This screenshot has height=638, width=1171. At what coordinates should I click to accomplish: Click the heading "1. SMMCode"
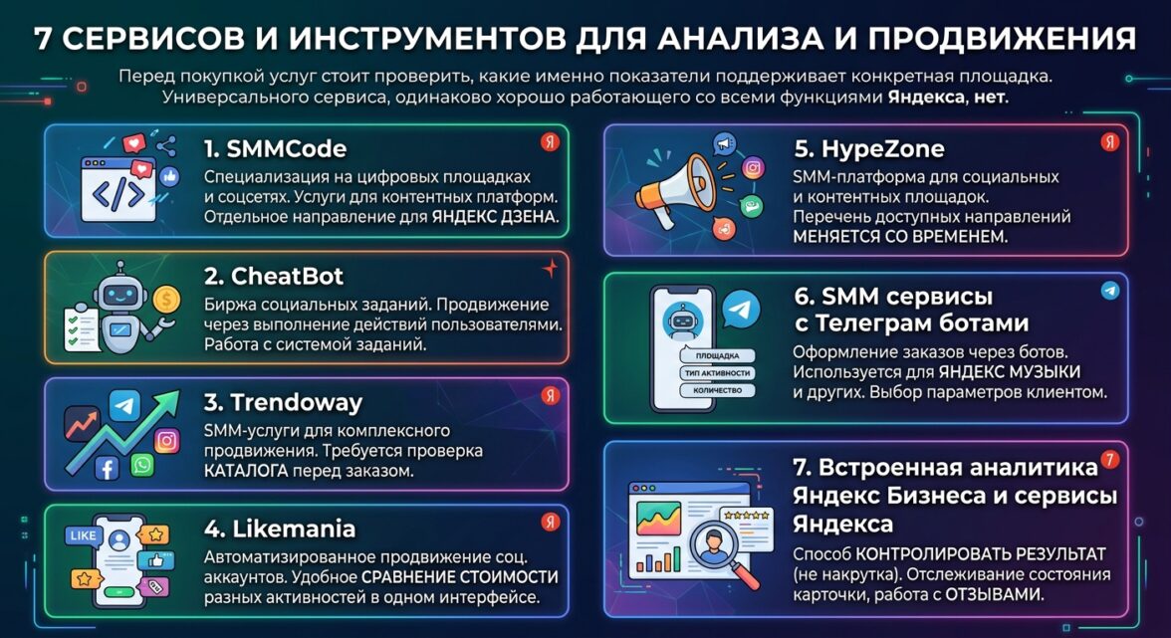275,149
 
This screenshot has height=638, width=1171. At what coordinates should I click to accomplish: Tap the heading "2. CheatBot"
273,276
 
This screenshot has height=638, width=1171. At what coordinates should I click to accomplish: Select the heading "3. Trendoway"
283,403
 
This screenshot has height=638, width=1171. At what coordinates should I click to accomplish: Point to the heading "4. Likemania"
279,530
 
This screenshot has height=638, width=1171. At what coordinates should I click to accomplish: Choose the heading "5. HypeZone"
869,149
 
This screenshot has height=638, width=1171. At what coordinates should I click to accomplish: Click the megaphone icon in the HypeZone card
672,190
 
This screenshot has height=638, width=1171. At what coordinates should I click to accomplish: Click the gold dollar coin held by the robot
165,300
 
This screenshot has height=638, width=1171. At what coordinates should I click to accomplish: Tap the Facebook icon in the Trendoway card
107,469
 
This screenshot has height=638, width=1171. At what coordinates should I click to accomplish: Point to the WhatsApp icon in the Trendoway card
141,466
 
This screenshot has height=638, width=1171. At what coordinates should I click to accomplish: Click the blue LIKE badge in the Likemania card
82,535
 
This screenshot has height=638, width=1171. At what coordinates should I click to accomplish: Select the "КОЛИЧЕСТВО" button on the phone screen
717,390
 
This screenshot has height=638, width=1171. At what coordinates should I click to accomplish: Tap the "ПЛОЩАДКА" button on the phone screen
717,356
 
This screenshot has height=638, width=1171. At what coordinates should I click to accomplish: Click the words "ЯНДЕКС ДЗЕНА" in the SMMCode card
495,217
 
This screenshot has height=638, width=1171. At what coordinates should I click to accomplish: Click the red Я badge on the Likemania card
551,522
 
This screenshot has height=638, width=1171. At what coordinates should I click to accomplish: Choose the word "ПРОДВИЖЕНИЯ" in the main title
1002,39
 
